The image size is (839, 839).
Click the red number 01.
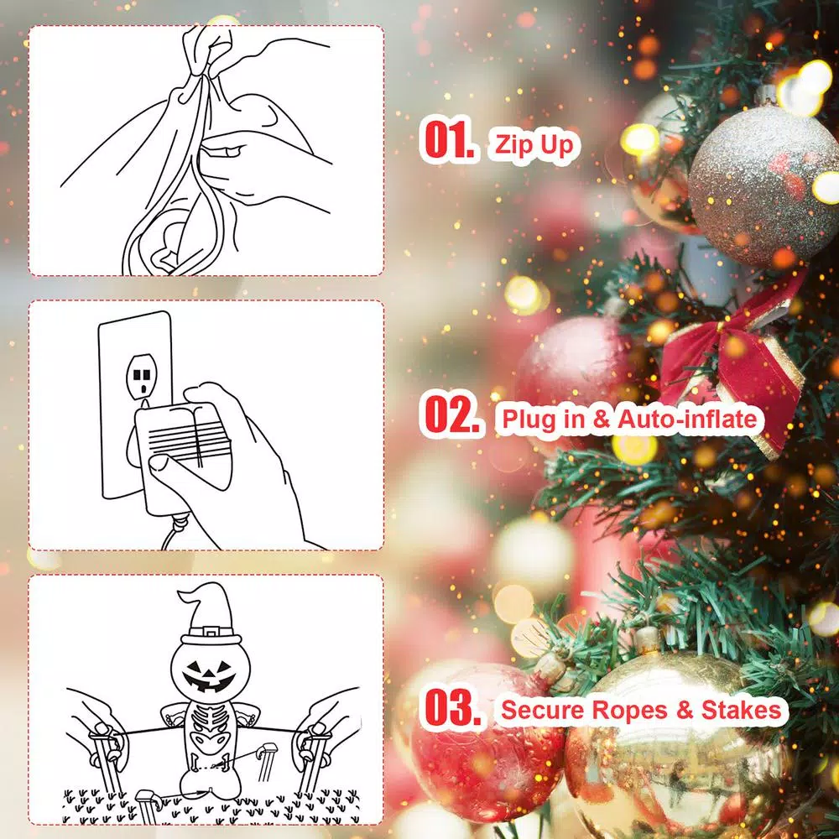[451, 143]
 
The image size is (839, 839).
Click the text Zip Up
[534, 145]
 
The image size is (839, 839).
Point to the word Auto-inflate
[687, 419]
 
